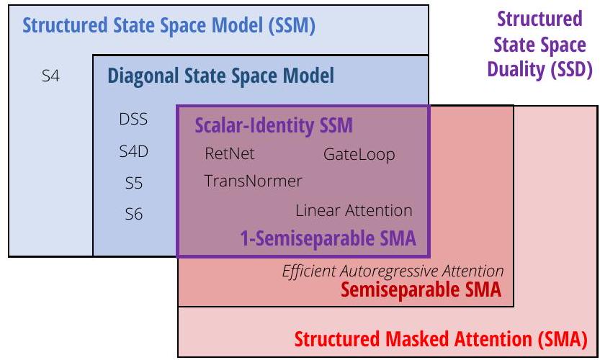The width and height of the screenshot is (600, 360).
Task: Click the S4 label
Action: pyautogui.click(x=50, y=76)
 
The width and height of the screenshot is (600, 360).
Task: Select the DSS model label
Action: pyautogui.click(x=133, y=119)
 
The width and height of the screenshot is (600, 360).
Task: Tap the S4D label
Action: pyautogui.click(x=133, y=151)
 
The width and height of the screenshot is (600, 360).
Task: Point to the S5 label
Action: pyautogui.click(x=133, y=183)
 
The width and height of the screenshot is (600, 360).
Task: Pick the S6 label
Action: pyautogui.click(x=133, y=214)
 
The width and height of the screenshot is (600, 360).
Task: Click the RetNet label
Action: pyautogui.click(x=230, y=154)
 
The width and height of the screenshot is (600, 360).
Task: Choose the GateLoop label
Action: pyautogui.click(x=359, y=155)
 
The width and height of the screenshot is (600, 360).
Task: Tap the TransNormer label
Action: pyautogui.click(x=253, y=181)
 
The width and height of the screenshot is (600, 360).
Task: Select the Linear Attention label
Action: pyautogui.click(x=354, y=210)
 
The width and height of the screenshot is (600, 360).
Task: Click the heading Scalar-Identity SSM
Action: pyautogui.click(x=274, y=125)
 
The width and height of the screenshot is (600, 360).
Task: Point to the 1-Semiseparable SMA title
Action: pyautogui.click(x=328, y=238)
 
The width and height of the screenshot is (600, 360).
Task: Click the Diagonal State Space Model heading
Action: pyautogui.click(x=221, y=76)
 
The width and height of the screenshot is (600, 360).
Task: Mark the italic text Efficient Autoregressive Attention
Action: pyautogui.click(x=393, y=271)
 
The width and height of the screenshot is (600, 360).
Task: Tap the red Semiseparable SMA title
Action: pyautogui.click(x=421, y=289)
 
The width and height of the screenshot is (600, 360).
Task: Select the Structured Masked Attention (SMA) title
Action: pyautogui.click(x=441, y=339)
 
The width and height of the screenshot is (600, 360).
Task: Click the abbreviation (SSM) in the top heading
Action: pyautogui.click(x=292, y=26)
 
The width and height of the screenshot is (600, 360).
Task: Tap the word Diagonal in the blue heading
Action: pyautogui.click(x=143, y=76)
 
